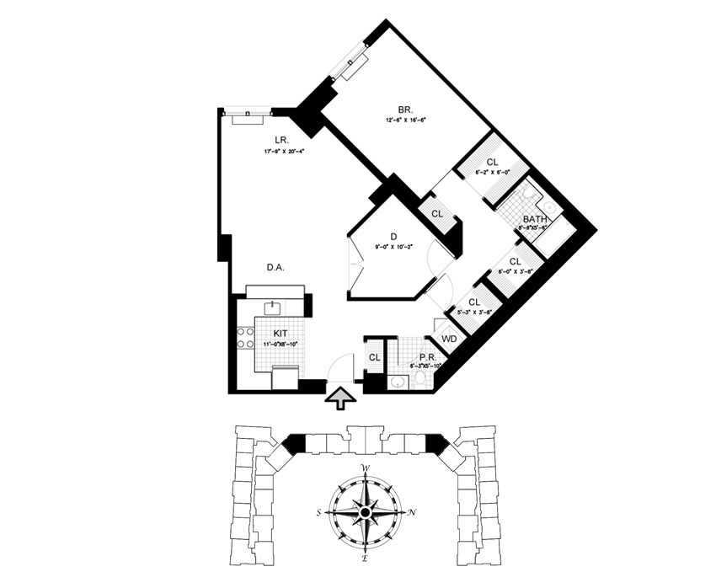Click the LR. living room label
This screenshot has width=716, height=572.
282,139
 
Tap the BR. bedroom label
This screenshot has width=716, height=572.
405,109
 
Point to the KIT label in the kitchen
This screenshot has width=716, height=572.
280,334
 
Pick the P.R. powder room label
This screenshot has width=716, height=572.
414,357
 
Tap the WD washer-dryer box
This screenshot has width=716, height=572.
449,339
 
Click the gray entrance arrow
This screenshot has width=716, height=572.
339,397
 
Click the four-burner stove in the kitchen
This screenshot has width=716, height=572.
245,338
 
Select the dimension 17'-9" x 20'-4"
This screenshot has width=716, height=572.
282,152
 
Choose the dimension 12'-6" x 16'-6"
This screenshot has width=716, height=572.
405,120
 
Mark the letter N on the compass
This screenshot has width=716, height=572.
410,512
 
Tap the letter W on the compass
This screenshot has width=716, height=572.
365,468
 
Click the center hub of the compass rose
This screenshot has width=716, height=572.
365,512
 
